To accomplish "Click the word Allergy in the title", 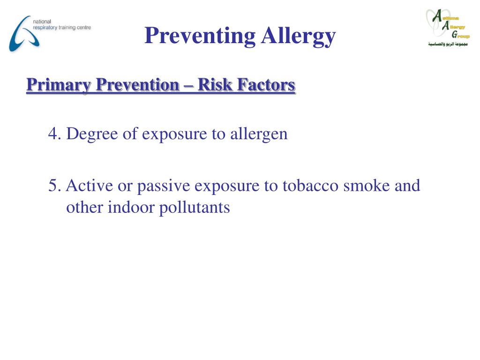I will [x=298, y=36].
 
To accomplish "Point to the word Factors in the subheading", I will [x=266, y=85].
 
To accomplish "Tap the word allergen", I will [x=258, y=134].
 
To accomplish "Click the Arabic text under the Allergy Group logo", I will [x=448, y=44].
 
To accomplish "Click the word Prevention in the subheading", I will [x=138, y=85].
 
